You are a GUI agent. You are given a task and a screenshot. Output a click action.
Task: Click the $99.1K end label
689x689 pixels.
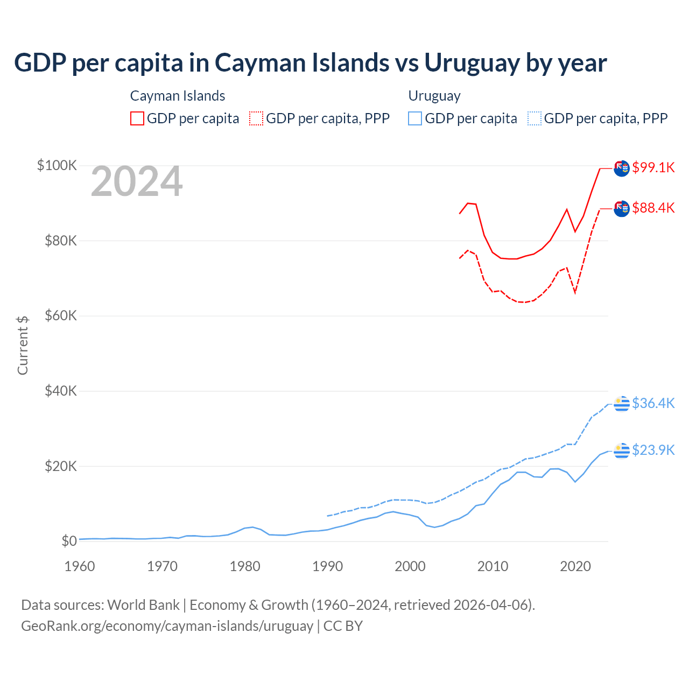(x=653, y=167)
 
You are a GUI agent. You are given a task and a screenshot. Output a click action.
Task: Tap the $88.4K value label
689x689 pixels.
(x=653, y=208)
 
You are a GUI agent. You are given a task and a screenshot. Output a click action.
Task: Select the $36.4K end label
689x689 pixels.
(x=653, y=403)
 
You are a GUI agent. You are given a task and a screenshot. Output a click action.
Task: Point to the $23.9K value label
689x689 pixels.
(x=653, y=450)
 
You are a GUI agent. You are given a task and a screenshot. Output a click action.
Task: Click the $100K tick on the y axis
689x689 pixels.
(x=57, y=165)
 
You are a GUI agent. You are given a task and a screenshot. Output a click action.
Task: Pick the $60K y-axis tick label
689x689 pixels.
(x=61, y=315)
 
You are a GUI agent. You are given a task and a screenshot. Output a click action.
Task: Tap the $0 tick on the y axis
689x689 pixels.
(x=69, y=541)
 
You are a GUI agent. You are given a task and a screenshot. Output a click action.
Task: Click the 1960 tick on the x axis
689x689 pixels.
(x=80, y=566)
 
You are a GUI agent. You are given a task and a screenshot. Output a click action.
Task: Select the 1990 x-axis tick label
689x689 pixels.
(x=328, y=566)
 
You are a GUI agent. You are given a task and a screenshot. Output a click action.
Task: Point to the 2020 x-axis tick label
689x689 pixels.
(x=575, y=566)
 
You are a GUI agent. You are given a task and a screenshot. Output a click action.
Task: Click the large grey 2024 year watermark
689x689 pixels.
(x=137, y=182)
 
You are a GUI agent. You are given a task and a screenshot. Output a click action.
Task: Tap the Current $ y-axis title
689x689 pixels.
(x=23, y=346)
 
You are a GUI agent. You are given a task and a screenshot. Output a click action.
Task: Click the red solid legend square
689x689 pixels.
(x=137, y=118)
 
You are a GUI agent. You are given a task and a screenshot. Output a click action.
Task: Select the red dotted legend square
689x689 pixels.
(x=256, y=118)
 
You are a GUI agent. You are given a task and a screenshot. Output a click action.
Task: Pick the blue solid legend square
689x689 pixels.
(x=415, y=118)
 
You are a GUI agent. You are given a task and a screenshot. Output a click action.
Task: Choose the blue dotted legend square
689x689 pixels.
(x=534, y=118)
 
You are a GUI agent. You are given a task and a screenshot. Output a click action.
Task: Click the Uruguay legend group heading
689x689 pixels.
(x=434, y=96)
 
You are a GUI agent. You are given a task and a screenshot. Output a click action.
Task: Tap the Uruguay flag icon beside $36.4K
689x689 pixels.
(x=622, y=403)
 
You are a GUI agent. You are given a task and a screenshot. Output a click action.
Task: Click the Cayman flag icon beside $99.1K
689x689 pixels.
(x=622, y=168)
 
